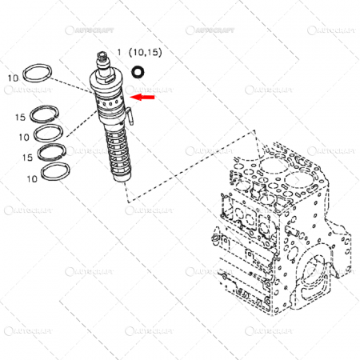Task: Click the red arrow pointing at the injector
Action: point(144,98)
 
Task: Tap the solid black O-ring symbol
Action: point(138,71)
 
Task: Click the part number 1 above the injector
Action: point(120,52)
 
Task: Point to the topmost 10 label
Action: point(13,78)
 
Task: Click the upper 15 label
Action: point(19,118)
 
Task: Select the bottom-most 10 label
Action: point(32,178)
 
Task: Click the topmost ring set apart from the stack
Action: point(38,73)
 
